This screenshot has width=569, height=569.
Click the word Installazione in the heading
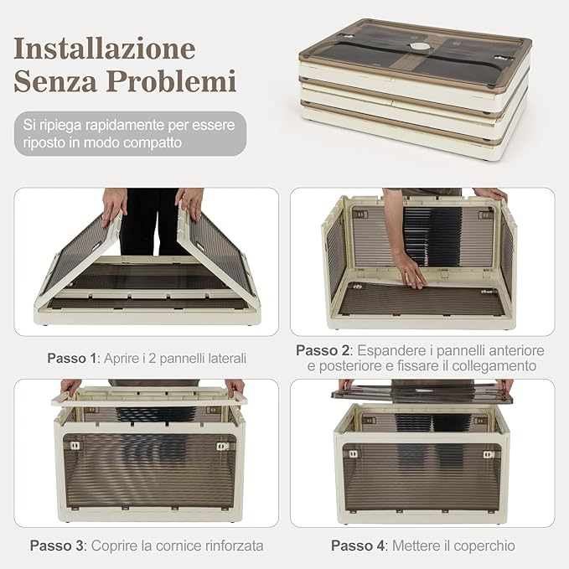[x=105, y=48]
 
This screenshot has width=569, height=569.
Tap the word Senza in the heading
[x=55, y=81]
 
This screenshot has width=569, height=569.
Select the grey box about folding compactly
[x=130, y=133]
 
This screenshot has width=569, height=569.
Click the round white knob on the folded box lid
[x=419, y=46]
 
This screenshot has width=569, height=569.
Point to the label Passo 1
[x=71, y=358]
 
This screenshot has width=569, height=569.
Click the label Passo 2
[x=323, y=350]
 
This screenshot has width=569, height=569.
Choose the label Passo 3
[x=57, y=546]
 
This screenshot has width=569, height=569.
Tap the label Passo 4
[x=358, y=546]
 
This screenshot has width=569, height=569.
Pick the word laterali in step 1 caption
[x=224, y=358]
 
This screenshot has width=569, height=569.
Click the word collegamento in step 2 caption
[x=494, y=365]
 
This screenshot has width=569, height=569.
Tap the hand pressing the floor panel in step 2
[x=410, y=271]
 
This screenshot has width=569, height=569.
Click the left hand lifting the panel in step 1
[x=114, y=206]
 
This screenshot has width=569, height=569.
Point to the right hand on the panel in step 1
[x=189, y=203]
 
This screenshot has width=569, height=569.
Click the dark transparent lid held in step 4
[x=422, y=394]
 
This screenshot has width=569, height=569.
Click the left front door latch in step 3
[x=75, y=446]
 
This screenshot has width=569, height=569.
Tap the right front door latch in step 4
[x=489, y=454]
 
